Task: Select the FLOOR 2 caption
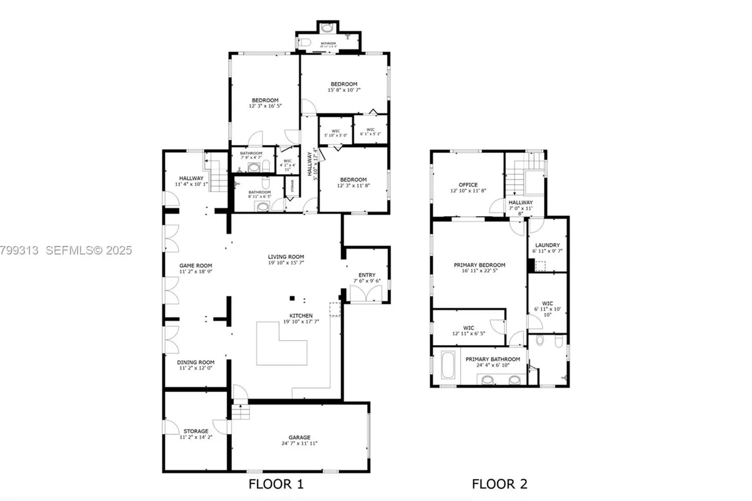pos(499,483)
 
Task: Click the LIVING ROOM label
pos(286,256)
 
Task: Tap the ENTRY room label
pos(367,275)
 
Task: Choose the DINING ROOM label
pos(196,362)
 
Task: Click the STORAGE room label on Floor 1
pos(196,431)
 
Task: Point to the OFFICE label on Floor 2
pos(468,185)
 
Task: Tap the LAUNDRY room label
pos(547,245)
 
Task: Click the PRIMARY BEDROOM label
pos(479,265)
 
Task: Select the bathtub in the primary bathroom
pos(449,366)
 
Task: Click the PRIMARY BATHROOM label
pos(493,359)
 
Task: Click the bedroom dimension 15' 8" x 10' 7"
pos(344,90)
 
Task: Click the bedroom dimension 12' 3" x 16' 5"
pos(265,106)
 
